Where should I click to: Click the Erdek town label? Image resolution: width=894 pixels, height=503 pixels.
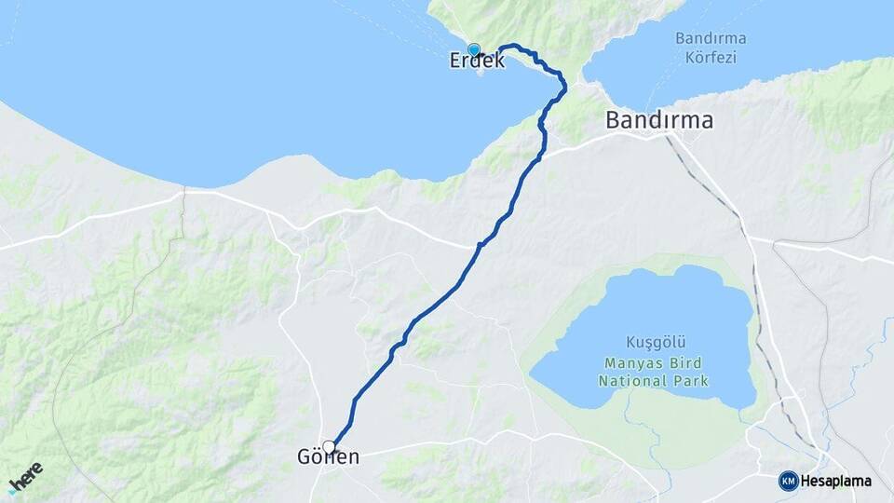coord(477,61)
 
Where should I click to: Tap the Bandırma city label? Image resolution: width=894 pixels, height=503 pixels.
coord(659,120)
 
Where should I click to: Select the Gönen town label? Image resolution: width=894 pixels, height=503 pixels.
coord(328,458)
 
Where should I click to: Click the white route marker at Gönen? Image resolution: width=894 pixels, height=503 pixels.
coord(329,446)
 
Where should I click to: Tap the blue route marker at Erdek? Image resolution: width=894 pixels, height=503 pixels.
coord(474,50)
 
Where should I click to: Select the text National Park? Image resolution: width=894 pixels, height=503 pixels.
coord(653,381)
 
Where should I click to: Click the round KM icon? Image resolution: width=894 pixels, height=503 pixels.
coord(788,481)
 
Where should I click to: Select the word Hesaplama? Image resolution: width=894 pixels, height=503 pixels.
coord(836,481)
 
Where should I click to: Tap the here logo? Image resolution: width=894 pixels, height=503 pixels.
coord(25,476)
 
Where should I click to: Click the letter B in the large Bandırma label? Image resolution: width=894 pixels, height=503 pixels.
coord(613,120)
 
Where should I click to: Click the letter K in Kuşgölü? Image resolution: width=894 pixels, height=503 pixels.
coord(630,342)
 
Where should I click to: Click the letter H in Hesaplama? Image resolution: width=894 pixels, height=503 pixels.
coord(805,481)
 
